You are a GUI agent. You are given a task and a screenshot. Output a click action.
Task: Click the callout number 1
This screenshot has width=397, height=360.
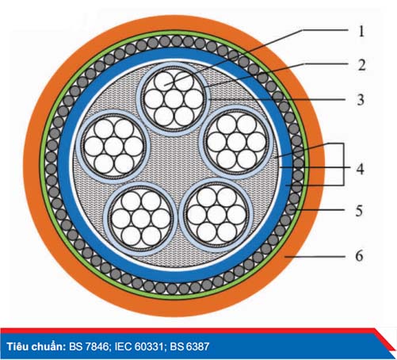click(361, 31)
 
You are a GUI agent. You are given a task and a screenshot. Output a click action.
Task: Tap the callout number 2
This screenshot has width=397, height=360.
click(361, 65)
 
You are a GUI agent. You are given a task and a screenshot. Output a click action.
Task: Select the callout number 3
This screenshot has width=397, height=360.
click(361, 100)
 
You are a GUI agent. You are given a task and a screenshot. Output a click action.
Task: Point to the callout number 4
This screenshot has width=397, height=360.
click(360, 169)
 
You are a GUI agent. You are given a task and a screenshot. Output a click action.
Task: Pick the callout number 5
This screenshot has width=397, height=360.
click(359, 211)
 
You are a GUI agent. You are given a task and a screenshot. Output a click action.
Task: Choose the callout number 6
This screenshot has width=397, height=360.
click(359, 256)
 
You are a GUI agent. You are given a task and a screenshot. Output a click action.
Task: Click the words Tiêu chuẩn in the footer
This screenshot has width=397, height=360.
click(36, 347)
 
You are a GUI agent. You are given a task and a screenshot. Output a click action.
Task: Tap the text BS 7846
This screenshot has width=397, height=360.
click(90, 347)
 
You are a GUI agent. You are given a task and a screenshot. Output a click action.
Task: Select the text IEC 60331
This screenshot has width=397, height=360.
click(139, 347)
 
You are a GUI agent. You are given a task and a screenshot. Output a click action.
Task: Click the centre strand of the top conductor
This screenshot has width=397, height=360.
click(174, 98)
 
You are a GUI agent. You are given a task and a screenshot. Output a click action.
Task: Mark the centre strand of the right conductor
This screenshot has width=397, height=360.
click(236, 142)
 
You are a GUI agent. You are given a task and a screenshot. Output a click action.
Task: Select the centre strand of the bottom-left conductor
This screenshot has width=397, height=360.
click(142, 217)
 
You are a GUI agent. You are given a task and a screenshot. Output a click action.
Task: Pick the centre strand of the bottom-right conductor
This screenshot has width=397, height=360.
click(217, 213)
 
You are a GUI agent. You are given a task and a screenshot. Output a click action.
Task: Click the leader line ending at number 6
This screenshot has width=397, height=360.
click(315, 256)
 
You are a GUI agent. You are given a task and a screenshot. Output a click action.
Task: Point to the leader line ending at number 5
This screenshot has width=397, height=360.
click(318, 210)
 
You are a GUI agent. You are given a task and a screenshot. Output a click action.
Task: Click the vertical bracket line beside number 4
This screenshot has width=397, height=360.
click(344, 164)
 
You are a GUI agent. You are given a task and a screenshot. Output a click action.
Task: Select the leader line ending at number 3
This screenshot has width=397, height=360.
click(277, 99)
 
